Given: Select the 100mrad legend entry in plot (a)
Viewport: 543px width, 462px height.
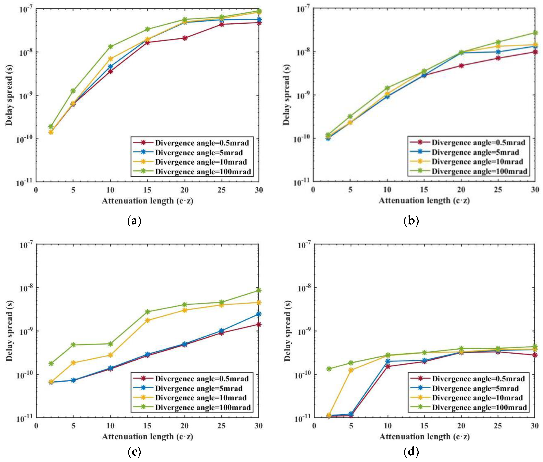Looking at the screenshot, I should pos(203,172).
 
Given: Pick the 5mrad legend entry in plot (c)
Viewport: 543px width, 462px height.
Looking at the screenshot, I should pos(199,388).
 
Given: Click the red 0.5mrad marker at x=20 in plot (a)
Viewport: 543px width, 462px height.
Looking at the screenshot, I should pos(185,38).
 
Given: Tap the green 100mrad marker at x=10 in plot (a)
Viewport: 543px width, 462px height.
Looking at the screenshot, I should pos(111,47).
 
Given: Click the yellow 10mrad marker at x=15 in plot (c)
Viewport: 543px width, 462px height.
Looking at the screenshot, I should pos(148,320).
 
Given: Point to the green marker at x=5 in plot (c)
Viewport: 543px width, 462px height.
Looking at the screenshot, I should pos(73,345).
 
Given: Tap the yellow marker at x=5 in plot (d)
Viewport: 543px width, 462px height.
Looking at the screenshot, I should pos(351,370).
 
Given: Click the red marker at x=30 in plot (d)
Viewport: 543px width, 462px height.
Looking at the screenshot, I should pos(535,355).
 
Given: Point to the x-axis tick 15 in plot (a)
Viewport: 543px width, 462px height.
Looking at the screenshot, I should pos(148,190).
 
